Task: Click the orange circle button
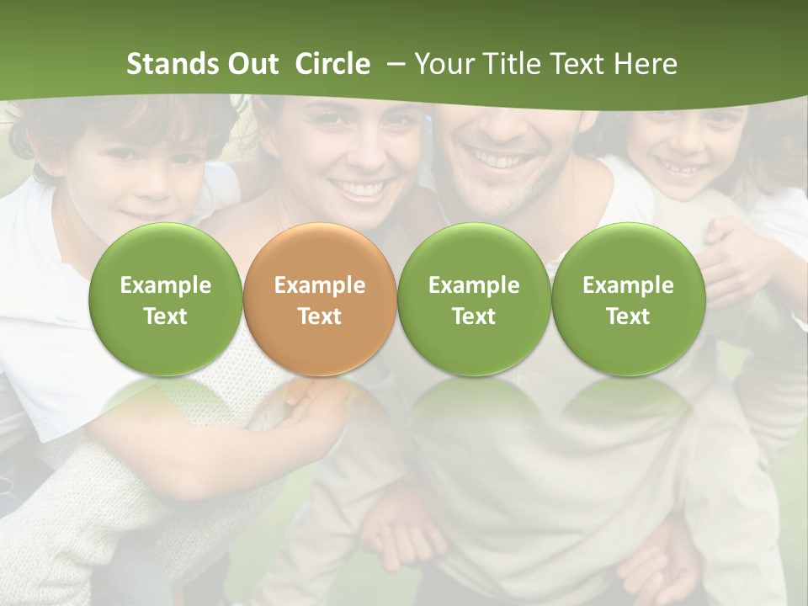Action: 320,299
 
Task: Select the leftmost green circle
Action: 165,299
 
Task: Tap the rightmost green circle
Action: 628,299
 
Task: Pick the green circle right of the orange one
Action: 474,299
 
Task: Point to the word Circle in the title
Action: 332,64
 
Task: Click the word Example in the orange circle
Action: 320,285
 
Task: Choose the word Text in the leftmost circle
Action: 165,316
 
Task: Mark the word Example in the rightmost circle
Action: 628,285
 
